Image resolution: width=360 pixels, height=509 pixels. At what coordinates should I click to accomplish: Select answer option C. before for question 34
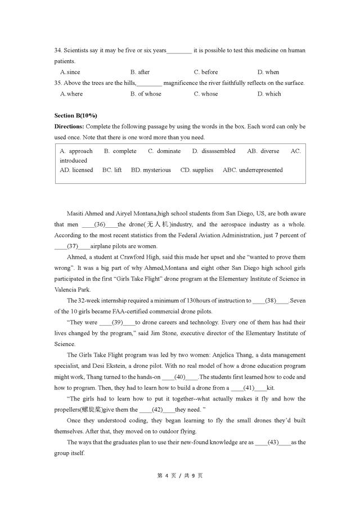(205, 72)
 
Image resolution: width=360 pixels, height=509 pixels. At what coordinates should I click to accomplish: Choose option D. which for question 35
(269, 94)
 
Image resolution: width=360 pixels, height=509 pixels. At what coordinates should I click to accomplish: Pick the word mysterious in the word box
(156, 170)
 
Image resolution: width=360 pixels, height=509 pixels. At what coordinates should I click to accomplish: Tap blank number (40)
(180, 377)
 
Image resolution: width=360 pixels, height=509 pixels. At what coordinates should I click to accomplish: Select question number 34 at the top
(58, 51)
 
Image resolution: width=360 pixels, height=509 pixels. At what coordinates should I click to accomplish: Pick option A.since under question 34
(70, 72)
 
